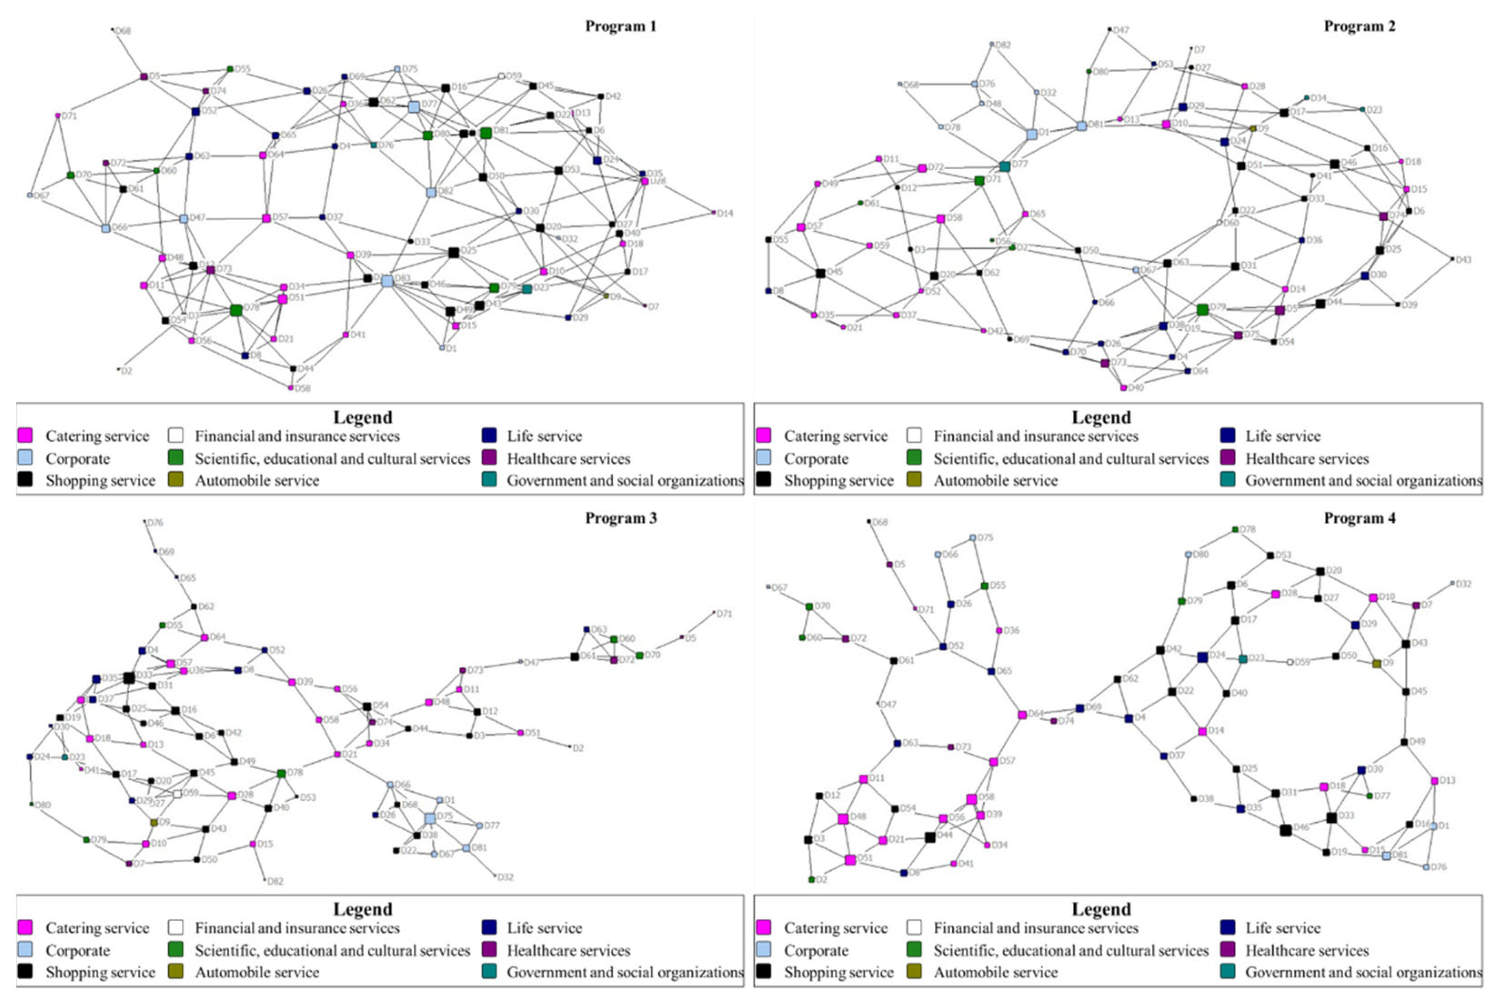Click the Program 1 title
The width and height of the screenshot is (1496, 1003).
point(620,26)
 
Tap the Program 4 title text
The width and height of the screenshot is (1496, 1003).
point(1359,517)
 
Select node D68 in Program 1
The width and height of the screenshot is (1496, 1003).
point(113,29)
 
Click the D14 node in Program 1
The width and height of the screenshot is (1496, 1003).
point(713,213)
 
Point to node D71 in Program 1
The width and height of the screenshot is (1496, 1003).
point(58,116)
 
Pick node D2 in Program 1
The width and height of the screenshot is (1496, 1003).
point(118,369)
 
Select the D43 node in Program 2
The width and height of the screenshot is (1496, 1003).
point(1452,259)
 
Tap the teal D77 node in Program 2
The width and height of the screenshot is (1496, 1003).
point(1004,166)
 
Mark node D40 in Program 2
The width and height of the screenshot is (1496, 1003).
point(1123,387)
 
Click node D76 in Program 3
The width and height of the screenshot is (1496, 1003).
point(145,521)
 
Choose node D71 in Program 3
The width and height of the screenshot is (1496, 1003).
point(714,612)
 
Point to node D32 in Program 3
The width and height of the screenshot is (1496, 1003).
point(495,876)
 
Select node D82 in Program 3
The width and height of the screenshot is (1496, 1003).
point(265,880)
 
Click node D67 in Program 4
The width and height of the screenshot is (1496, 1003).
point(769,587)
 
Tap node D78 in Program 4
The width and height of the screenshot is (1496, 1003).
point(1235,529)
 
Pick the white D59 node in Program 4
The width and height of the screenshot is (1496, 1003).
point(1290,661)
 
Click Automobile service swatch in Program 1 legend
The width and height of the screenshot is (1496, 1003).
point(175,480)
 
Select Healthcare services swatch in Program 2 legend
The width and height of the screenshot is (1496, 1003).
point(1227,458)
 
